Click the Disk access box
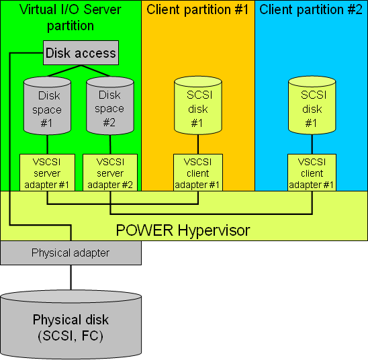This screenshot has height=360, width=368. tap(81, 53)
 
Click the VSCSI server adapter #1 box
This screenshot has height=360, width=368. tap(47, 173)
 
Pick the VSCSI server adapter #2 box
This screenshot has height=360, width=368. tap(109, 173)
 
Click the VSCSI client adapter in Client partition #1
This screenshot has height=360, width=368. tap(197, 173)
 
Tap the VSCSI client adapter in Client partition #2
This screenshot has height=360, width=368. tap(312, 173)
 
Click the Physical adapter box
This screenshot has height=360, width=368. tap(71, 253)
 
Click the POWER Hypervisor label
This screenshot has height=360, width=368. tap(183, 230)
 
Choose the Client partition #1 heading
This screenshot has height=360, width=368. tap(197, 10)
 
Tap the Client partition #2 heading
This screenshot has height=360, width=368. tap(312, 10)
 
